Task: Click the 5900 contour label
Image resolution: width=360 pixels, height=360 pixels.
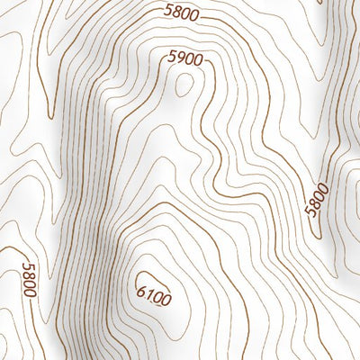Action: [185, 58]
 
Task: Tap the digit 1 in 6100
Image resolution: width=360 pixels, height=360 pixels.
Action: [148, 292]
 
